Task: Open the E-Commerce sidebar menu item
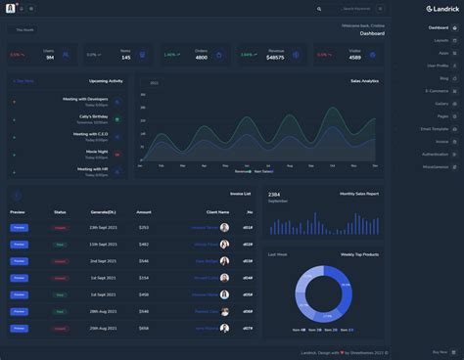pos(437,90)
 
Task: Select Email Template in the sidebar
pos(435,128)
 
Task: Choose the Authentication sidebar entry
pos(436,154)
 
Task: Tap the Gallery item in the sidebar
pos(441,103)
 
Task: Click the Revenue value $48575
pos(275,58)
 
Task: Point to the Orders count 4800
pos(201,58)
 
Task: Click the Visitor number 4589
pos(354,58)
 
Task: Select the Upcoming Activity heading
pos(106,81)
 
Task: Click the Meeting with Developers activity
pos(85,99)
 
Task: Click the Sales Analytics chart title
pos(364,81)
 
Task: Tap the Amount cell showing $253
pos(144,227)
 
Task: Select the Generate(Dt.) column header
pos(103,211)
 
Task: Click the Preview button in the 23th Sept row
pos(19,227)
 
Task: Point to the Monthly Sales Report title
pos(359,194)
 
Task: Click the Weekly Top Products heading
pos(359,254)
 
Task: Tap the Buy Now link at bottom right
pos(441,352)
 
